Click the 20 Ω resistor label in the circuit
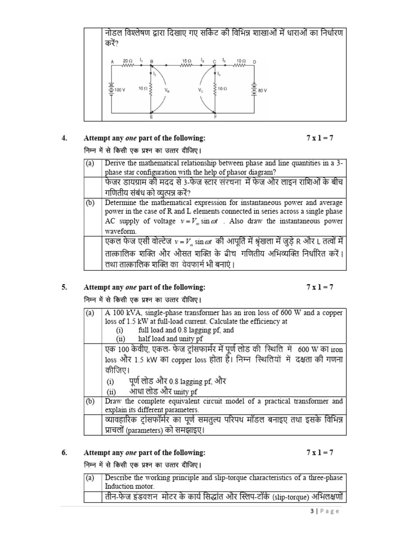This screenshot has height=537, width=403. (128, 61)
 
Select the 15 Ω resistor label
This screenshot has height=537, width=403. (186, 61)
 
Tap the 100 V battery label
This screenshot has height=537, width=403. (120, 90)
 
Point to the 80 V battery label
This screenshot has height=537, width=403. (262, 90)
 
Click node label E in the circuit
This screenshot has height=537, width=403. (151, 116)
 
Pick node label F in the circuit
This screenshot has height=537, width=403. (215, 116)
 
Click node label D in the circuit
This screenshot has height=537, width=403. (254, 61)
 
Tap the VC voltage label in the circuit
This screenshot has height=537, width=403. (201, 90)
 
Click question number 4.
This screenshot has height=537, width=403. (64, 138)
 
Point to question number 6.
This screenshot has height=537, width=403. (64, 453)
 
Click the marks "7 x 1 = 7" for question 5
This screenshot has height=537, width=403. (320, 287)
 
